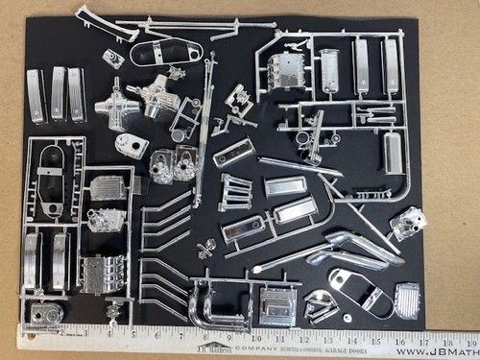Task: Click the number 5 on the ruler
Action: pyautogui.click(x=132, y=336)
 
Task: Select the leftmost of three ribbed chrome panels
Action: pyautogui.click(x=36, y=95)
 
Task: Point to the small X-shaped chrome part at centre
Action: pyautogui.click(x=203, y=252)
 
